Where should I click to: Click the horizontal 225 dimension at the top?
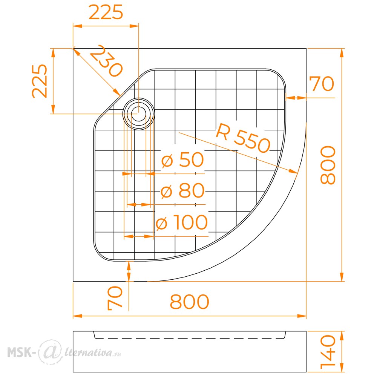pyautogui.click(x=106, y=12)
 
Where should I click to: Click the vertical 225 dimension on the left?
pyautogui.click(x=40, y=81)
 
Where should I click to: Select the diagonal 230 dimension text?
pyautogui.click(x=106, y=61)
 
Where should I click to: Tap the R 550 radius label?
pyautogui.click(x=243, y=138)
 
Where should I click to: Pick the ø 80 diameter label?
pyautogui.click(x=182, y=190)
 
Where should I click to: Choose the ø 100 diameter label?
pyautogui.click(x=182, y=222)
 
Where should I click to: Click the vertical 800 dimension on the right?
pyautogui.click(x=328, y=165)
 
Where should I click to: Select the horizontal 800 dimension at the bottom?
pyautogui.click(x=190, y=302)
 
